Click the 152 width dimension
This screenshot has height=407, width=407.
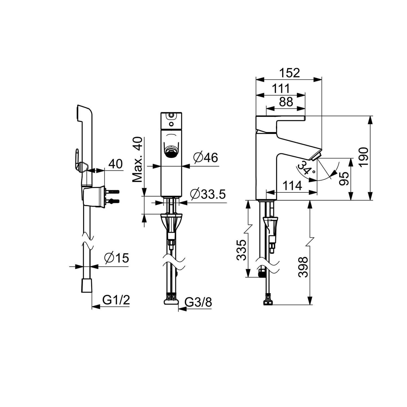(x=290, y=73)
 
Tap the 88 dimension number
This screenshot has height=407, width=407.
(x=286, y=102)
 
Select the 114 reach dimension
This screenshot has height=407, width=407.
(x=292, y=186)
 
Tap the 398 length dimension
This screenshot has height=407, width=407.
(x=303, y=267)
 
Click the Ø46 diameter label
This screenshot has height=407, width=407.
(x=206, y=158)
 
